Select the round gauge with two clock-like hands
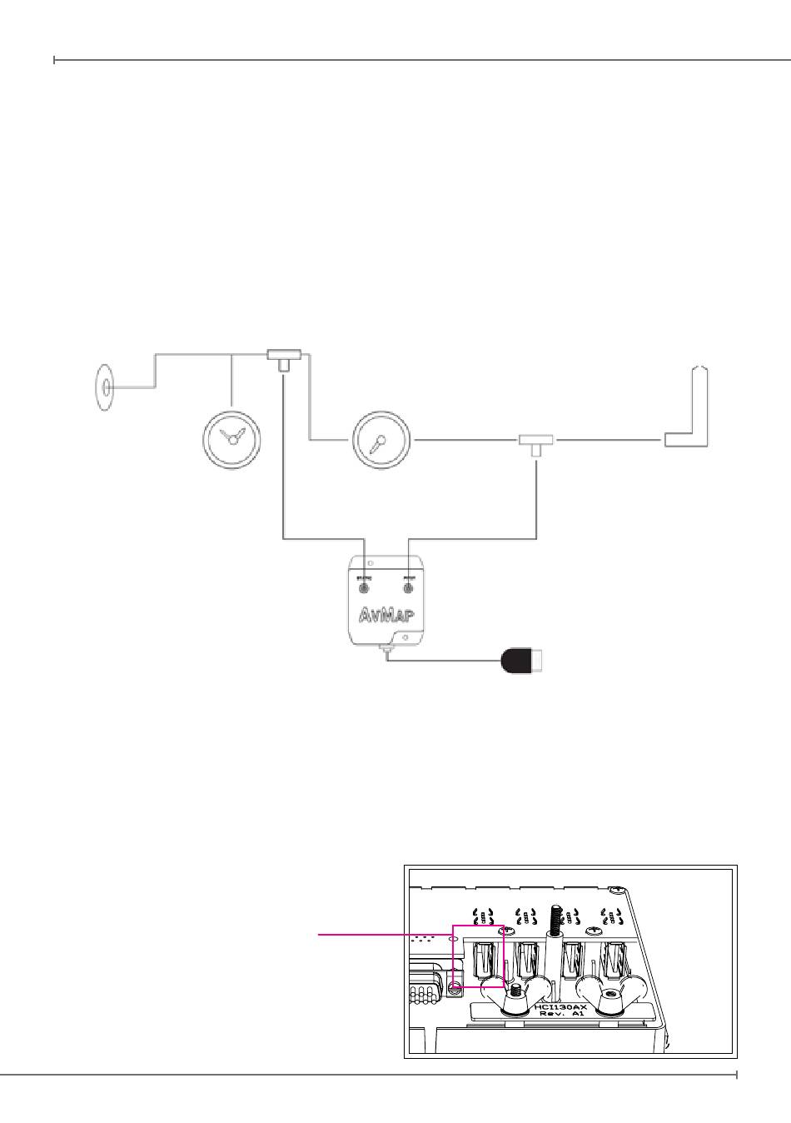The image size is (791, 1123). (x=232, y=439)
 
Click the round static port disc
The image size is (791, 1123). (x=104, y=387)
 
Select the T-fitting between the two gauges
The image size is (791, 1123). (x=285, y=358)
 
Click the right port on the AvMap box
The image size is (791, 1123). (x=409, y=587)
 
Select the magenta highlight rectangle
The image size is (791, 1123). (x=479, y=956)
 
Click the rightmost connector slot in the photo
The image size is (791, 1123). (x=614, y=958)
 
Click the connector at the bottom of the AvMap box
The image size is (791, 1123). (x=386, y=650)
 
